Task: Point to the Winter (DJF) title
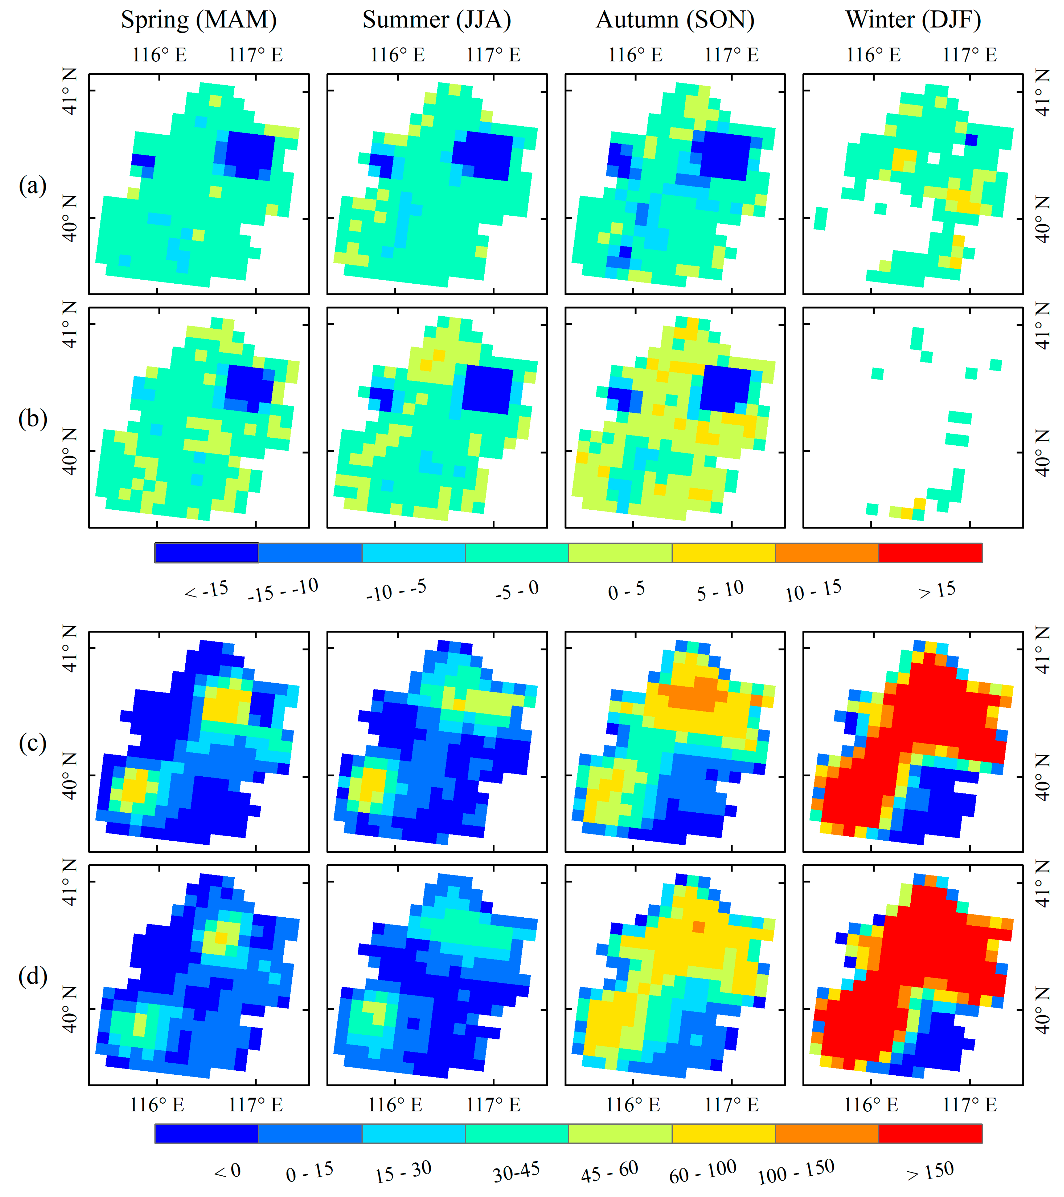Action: pos(913,20)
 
